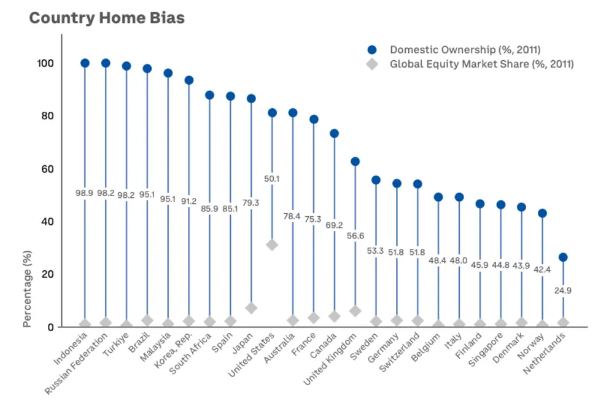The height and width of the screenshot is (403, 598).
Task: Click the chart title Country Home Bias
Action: point(107,18)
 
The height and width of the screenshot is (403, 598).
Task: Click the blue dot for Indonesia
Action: point(85,63)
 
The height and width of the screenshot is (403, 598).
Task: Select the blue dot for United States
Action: point(272,112)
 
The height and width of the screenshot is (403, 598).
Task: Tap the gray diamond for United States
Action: point(272,245)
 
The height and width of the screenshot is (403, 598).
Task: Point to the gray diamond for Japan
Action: point(251,308)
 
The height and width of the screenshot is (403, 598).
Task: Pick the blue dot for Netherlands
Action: point(563,257)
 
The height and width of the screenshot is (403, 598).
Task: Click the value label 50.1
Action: point(272,179)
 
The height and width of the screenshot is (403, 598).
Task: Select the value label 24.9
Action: point(563,291)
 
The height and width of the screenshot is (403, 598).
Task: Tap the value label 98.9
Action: point(84,193)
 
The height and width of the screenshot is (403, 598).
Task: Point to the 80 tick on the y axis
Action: point(48,116)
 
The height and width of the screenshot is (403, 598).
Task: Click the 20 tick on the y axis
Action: point(48,275)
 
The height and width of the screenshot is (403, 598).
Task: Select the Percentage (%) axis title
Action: point(26,289)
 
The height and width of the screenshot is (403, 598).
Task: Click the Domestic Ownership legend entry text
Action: point(465,50)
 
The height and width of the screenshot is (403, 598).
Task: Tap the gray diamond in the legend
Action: point(372,64)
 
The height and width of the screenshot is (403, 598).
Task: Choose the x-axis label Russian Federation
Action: point(76,364)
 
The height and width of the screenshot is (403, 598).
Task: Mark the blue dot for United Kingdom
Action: point(355,162)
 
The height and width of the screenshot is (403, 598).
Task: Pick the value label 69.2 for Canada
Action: point(334,225)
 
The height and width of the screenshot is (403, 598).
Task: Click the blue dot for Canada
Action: point(334,133)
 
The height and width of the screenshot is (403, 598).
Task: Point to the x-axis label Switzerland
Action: point(399,352)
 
